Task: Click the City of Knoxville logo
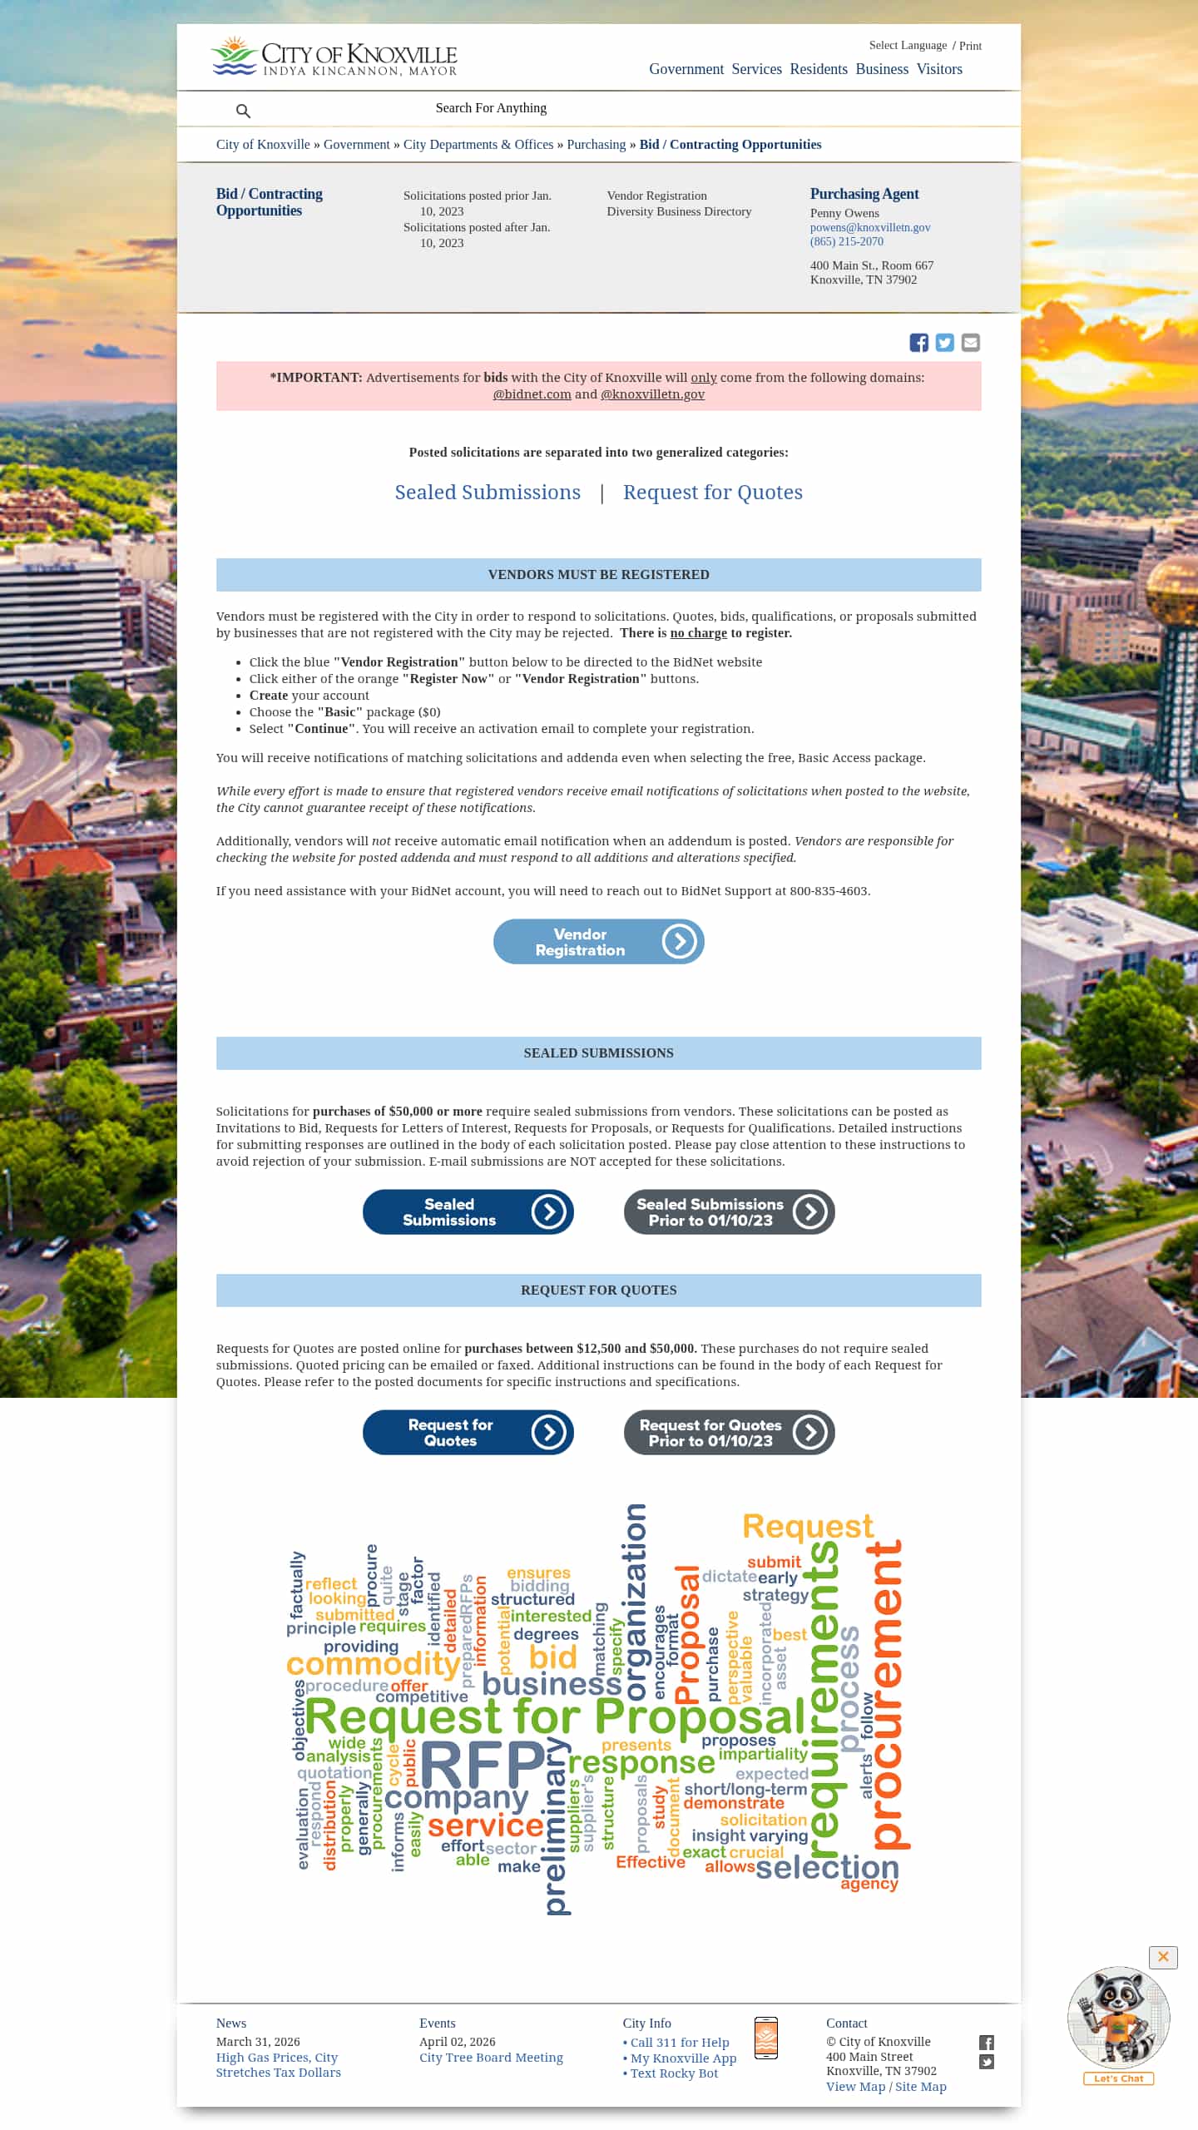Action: (334, 57)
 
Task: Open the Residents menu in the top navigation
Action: (819, 69)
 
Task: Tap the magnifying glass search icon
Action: (243, 111)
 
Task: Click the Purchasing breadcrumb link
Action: (596, 145)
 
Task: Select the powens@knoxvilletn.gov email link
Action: (869, 227)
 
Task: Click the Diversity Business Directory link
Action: (678, 211)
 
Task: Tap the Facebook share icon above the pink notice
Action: (918, 343)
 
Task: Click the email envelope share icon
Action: (970, 343)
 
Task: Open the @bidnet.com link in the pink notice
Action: (532, 394)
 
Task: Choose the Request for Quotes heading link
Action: (712, 493)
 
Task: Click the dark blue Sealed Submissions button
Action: (468, 1211)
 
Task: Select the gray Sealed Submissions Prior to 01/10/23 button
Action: (729, 1211)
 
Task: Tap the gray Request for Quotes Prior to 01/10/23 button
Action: (729, 1432)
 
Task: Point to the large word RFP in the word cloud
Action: (483, 1764)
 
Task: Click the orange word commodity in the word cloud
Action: (373, 1664)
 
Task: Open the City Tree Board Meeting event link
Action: (491, 2058)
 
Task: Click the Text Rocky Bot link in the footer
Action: (673, 2073)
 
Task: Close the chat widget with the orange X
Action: (1162, 1957)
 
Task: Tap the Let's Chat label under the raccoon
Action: (1118, 2078)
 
